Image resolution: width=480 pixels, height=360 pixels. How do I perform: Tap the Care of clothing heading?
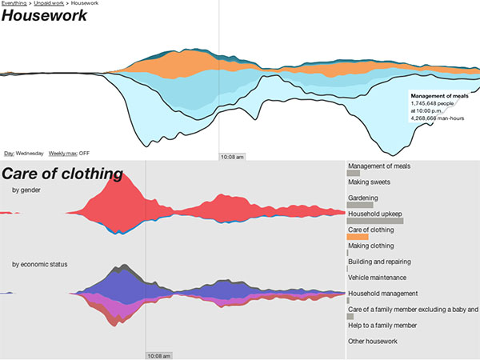62,174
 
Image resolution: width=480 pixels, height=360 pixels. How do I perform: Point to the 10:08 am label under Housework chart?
232,157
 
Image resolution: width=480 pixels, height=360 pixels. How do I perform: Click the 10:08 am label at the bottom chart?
158,355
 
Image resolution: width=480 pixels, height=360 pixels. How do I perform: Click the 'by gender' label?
26,190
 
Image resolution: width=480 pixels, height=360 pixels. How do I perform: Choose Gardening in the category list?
362,198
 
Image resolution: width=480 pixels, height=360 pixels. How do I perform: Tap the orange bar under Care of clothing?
358,237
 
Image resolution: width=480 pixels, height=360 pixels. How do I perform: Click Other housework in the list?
373,342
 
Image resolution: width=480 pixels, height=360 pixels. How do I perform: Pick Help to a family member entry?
382,326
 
